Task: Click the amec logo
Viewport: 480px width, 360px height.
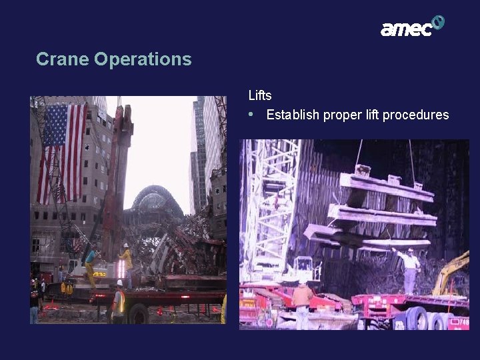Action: [x=411, y=27]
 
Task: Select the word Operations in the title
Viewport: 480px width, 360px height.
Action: [x=143, y=59]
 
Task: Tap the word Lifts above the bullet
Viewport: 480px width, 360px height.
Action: [x=260, y=95]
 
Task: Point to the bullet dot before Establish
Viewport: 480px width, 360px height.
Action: [x=251, y=114]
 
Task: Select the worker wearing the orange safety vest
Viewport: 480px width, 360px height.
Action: [x=119, y=301]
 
